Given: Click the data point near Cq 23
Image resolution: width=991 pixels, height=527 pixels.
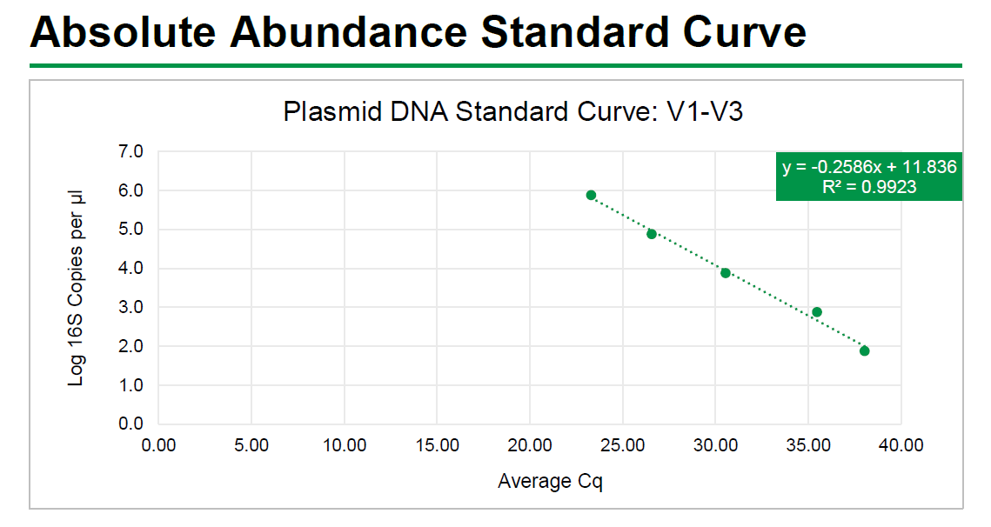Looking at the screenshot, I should (591, 195).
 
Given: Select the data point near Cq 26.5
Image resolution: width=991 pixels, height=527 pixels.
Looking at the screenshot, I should (652, 234).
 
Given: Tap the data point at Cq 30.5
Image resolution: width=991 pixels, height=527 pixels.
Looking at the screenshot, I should (726, 273).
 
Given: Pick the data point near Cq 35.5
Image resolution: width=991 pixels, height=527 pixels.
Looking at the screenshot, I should (817, 312).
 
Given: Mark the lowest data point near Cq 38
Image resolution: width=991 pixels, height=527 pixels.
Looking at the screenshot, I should (864, 350).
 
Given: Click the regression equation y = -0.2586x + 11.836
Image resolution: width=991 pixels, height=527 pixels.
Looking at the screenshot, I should (869, 167).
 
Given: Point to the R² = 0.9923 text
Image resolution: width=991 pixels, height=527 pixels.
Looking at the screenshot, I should (869, 187).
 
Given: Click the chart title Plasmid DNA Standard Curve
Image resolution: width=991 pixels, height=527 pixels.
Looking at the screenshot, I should (513, 112).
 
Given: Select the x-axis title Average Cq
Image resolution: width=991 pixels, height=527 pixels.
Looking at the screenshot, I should (550, 481).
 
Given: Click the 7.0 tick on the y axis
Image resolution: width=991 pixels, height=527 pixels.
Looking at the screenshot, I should (131, 152).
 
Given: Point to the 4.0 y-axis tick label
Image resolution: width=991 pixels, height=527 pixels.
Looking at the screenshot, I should (131, 269).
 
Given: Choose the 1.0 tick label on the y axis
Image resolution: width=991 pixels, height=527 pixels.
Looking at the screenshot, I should (131, 385).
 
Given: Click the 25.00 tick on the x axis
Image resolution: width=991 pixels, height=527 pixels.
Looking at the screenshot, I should (622, 446).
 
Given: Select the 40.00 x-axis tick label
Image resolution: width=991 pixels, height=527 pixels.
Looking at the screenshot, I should (901, 446).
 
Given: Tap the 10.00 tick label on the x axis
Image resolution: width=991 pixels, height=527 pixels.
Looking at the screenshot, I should (344, 446).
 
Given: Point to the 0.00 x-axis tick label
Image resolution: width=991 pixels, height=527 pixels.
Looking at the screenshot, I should (158, 446).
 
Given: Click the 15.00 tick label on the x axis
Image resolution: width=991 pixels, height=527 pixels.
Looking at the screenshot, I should (437, 446).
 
